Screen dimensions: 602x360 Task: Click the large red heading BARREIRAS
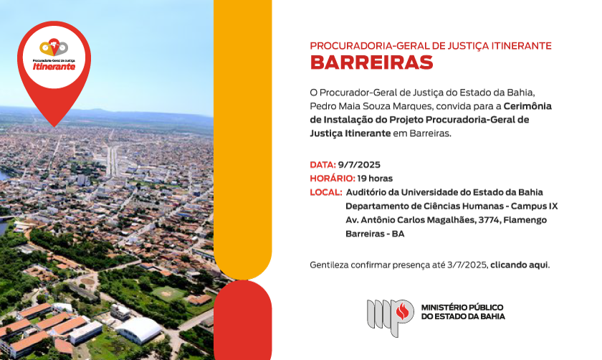(x=371, y=62)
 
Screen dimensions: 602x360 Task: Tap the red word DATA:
(x=323, y=165)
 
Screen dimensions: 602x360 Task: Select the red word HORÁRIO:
(x=333, y=179)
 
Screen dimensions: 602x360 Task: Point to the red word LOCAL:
(x=326, y=192)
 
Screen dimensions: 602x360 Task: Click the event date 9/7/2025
(x=359, y=165)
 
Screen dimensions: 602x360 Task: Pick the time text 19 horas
(x=375, y=179)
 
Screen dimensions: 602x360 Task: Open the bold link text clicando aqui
(x=519, y=265)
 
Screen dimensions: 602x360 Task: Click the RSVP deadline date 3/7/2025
(x=467, y=265)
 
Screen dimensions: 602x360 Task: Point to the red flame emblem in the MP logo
(x=402, y=311)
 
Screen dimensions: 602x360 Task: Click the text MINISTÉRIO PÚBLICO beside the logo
(x=462, y=308)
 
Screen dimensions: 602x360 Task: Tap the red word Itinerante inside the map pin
(x=54, y=67)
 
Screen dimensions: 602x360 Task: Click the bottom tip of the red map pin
(x=54, y=126)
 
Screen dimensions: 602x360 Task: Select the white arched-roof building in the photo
(x=139, y=330)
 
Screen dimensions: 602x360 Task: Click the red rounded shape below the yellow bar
(x=243, y=320)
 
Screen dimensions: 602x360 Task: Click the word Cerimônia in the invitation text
(x=527, y=106)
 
